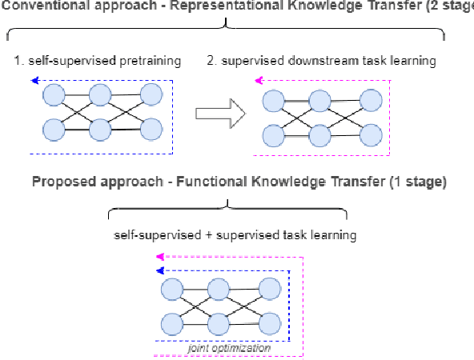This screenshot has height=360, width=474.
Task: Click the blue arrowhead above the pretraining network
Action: [34, 80]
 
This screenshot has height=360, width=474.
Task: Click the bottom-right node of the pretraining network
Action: [151, 128]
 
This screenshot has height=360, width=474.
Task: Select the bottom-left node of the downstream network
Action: [272, 134]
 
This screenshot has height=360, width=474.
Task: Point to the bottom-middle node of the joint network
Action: [221, 323]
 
